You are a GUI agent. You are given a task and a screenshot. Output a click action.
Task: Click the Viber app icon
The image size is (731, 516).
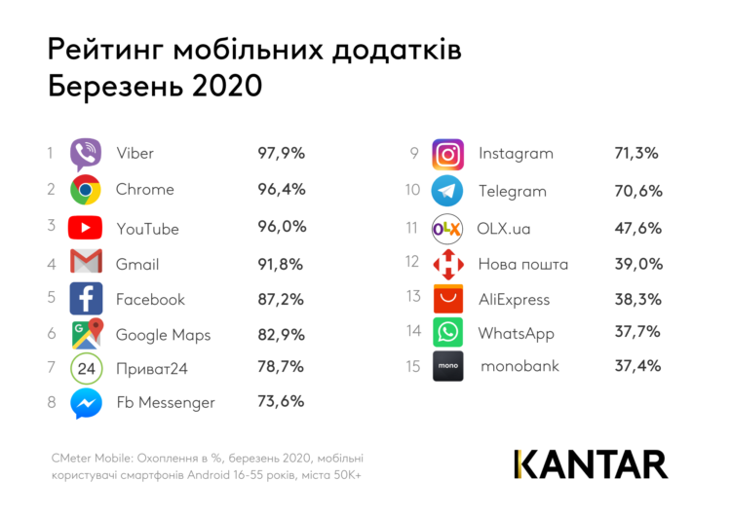point(86,154)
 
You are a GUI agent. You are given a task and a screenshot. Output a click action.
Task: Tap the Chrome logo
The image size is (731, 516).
point(86,190)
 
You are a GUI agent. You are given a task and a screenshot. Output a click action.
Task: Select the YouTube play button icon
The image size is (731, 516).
point(86,228)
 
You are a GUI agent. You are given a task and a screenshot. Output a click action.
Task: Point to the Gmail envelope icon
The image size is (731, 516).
point(86,263)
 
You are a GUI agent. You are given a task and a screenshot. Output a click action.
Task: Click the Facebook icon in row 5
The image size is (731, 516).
point(86,299)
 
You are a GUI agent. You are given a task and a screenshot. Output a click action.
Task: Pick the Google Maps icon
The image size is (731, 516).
point(87,335)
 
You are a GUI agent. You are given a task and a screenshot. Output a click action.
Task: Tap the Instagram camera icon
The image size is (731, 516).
point(447,154)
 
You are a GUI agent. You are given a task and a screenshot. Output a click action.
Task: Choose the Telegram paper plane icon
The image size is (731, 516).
point(447,191)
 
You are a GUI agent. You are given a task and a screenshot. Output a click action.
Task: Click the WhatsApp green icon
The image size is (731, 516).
point(447,332)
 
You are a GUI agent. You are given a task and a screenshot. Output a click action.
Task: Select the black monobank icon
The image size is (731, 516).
point(448,366)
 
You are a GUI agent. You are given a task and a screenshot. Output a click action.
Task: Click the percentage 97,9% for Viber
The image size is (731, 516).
point(281,153)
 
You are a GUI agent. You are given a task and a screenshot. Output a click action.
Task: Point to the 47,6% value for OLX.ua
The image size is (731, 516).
point(637,228)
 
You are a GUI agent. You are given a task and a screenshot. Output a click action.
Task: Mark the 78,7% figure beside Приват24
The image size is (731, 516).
point(281,367)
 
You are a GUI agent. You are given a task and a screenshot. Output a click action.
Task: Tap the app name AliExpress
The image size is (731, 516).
point(514,300)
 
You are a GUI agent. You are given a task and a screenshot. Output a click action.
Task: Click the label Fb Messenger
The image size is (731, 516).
point(165,402)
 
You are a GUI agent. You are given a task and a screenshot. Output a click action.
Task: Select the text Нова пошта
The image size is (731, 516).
point(522,264)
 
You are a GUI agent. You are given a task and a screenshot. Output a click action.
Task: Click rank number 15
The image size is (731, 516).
point(412,367)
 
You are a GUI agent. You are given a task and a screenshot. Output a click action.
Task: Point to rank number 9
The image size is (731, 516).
point(414,153)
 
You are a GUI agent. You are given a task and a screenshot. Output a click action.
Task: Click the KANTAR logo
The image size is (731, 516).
point(591,463)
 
